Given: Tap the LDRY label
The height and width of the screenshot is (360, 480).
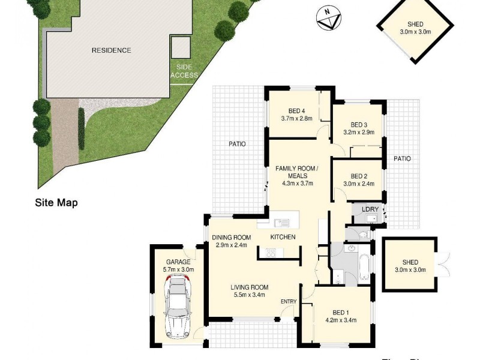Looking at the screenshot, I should point(370,209).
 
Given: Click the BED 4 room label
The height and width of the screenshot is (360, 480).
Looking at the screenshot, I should point(296,110).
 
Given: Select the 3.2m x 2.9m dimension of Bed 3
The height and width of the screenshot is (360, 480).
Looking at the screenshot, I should point(359,132).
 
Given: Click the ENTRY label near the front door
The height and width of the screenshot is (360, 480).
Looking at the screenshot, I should point(289,301).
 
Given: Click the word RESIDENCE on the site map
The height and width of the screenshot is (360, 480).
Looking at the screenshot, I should point(111,50).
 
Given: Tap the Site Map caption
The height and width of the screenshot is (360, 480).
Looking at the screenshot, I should point(55,203).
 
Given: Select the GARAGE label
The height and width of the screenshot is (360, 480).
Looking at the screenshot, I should point(178,262).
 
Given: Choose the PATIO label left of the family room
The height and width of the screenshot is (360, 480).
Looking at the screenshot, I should point(236,144).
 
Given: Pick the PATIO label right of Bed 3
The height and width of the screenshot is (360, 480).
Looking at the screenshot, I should point(402,159).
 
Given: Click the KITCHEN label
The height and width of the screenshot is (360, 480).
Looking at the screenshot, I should point(283,238).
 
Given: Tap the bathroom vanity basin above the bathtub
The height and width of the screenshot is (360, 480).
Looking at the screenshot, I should point(351,247).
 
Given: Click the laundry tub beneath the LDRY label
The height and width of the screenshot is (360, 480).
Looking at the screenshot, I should point(371,218).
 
